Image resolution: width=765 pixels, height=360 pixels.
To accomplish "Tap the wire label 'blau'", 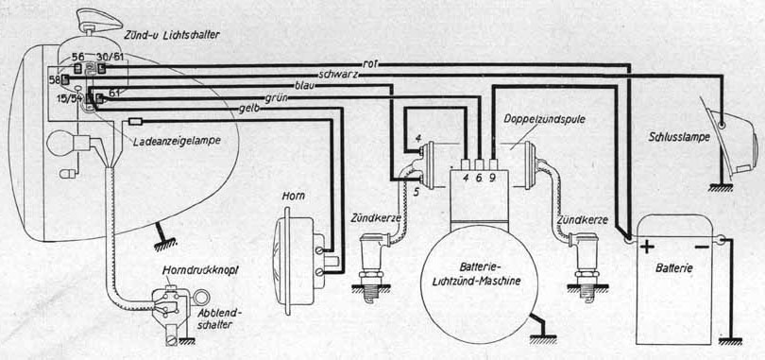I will tap(304, 85).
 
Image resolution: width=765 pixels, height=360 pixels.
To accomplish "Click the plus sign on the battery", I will tap(647, 248).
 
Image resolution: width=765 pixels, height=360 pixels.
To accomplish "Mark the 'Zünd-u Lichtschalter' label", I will tap(165, 35).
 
